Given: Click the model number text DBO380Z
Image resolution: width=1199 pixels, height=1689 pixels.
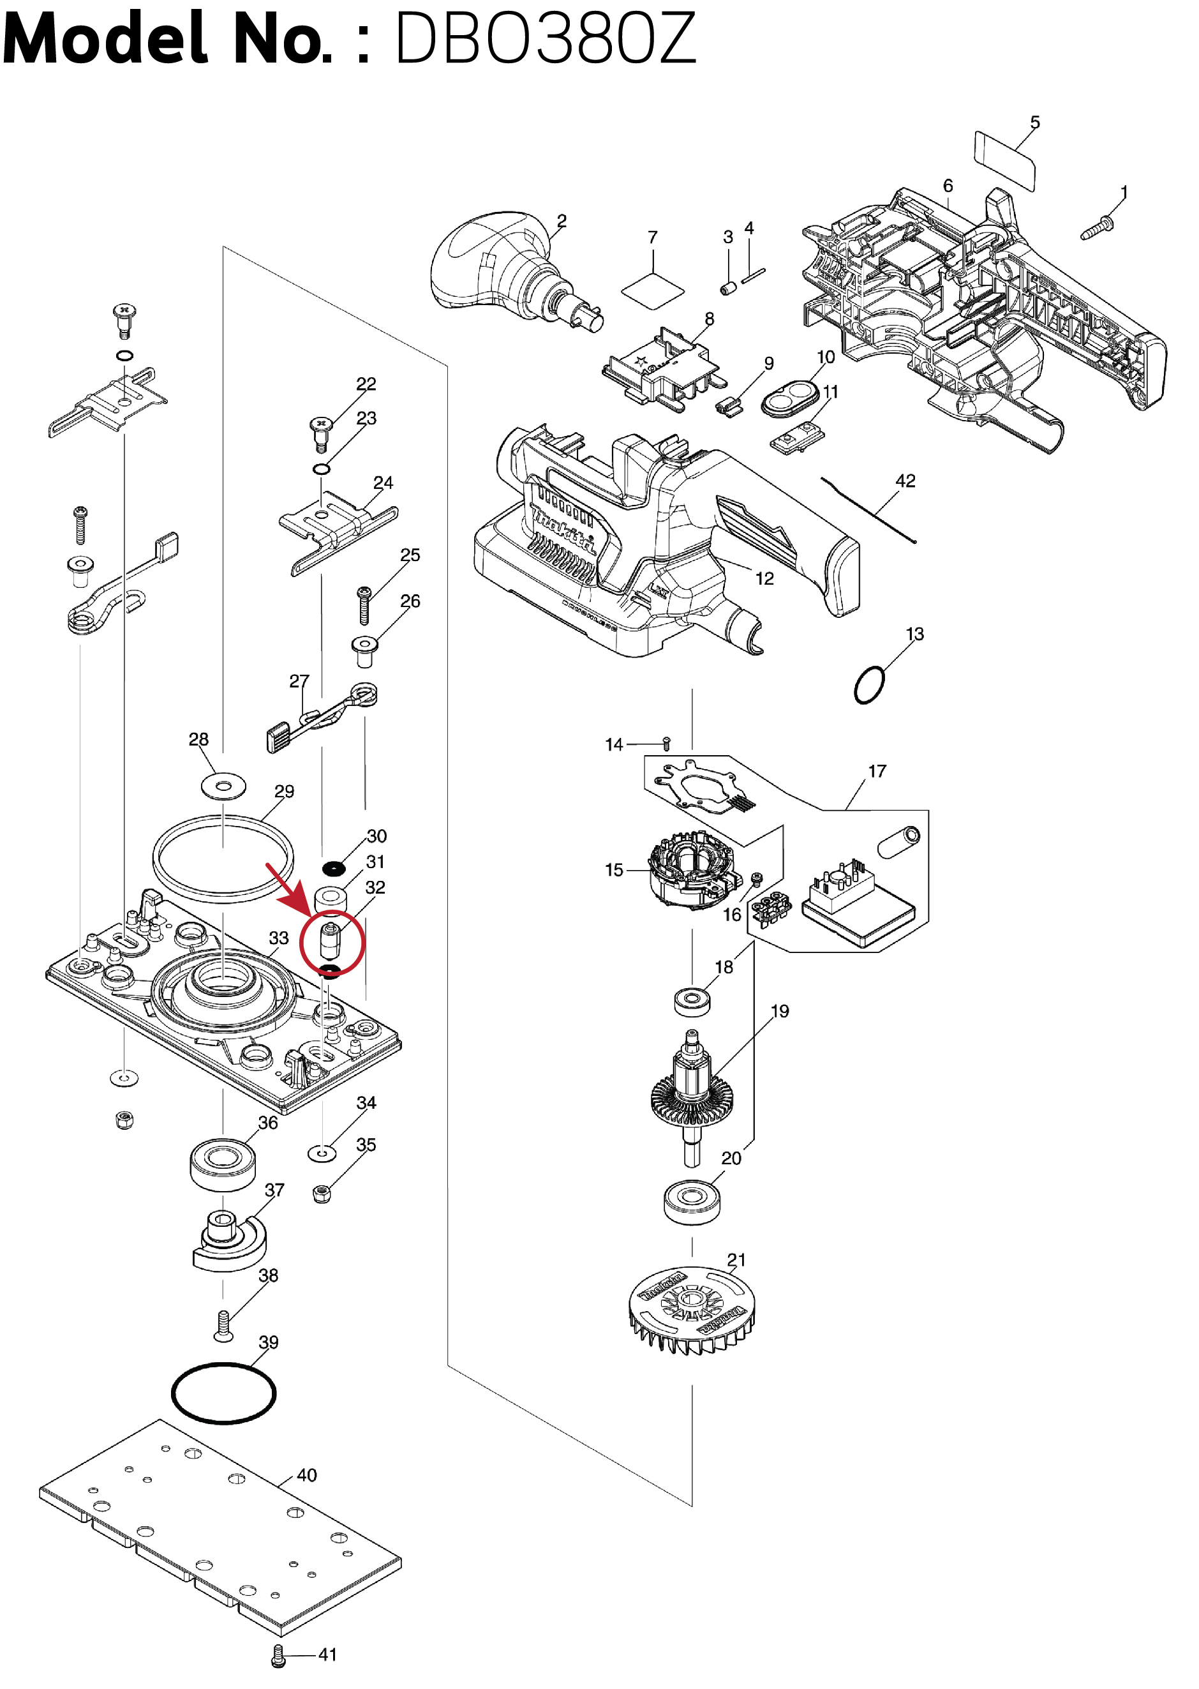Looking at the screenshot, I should [x=546, y=38].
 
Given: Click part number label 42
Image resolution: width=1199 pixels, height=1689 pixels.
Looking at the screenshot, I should [x=905, y=481].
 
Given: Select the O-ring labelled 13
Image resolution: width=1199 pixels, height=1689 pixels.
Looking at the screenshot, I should [x=869, y=686].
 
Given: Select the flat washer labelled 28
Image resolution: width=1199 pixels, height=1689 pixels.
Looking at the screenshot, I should [x=223, y=786].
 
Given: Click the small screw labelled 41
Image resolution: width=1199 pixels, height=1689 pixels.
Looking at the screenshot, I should [x=278, y=1656].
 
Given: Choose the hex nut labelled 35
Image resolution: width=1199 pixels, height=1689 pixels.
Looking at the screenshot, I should [x=321, y=1194].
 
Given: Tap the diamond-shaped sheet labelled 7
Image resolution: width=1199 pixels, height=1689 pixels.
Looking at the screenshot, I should [x=653, y=289].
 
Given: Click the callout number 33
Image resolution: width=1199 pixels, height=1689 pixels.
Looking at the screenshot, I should [x=278, y=937].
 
